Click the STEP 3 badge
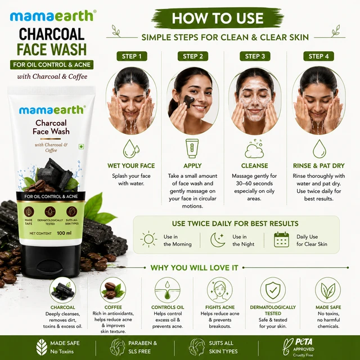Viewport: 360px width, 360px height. (x=255, y=56)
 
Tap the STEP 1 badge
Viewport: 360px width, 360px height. (x=132, y=56)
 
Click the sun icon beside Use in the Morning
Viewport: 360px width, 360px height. (x=148, y=239)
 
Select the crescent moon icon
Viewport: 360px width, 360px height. (x=217, y=240)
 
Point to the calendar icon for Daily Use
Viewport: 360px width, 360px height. (x=281, y=240)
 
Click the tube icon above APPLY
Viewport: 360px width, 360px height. (x=192, y=148)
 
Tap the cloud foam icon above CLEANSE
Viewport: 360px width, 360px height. (x=254, y=148)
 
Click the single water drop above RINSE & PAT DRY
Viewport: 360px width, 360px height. (x=319, y=148)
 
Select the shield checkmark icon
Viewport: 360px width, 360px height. (x=273, y=290)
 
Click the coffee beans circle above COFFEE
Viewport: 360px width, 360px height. (x=113, y=290)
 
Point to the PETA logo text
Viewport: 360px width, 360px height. (x=304, y=342)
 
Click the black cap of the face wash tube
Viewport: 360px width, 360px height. (x=51, y=261)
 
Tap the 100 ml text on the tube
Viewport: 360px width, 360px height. (x=64, y=233)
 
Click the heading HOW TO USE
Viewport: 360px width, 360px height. (x=218, y=18)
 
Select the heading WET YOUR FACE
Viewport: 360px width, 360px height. (x=131, y=166)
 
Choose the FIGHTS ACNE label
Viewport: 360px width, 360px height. (x=220, y=307)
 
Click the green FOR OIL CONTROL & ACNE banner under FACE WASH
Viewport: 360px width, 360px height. (x=52, y=65)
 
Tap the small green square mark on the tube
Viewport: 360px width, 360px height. (x=81, y=146)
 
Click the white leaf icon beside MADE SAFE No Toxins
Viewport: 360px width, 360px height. (x=42, y=347)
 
